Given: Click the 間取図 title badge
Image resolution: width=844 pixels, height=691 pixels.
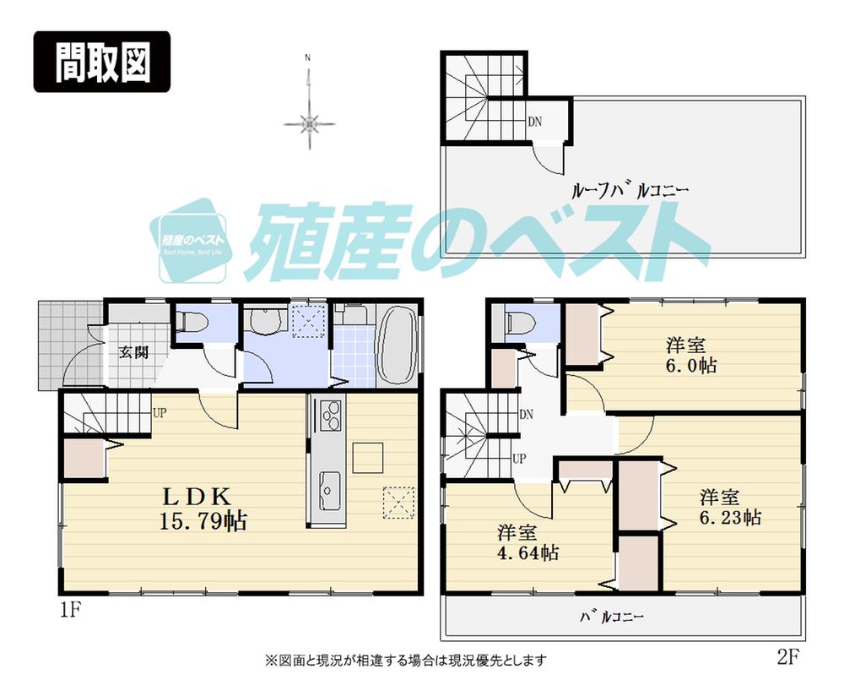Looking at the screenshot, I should coord(102,63).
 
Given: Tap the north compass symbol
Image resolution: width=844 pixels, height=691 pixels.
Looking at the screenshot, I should coord(310,122).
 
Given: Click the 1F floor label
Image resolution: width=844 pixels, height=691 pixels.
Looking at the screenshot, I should coord(71,609).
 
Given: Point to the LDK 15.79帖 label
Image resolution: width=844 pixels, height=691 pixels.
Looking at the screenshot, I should coord(203,508).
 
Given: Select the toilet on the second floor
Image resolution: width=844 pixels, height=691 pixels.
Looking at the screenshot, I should coord(519,323).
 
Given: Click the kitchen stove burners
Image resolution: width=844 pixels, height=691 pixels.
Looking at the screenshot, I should coord(328,417).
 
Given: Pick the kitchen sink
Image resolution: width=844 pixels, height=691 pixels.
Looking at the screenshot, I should coord(328,487).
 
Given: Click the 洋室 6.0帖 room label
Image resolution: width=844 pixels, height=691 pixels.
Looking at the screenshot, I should coord(685,356).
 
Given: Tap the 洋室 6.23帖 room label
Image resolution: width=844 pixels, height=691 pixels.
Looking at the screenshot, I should coord(729,507).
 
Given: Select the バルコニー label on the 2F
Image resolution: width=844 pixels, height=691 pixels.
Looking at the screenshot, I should coord(611,618).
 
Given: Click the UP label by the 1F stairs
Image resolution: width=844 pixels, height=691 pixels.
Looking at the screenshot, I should coord(158,413).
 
